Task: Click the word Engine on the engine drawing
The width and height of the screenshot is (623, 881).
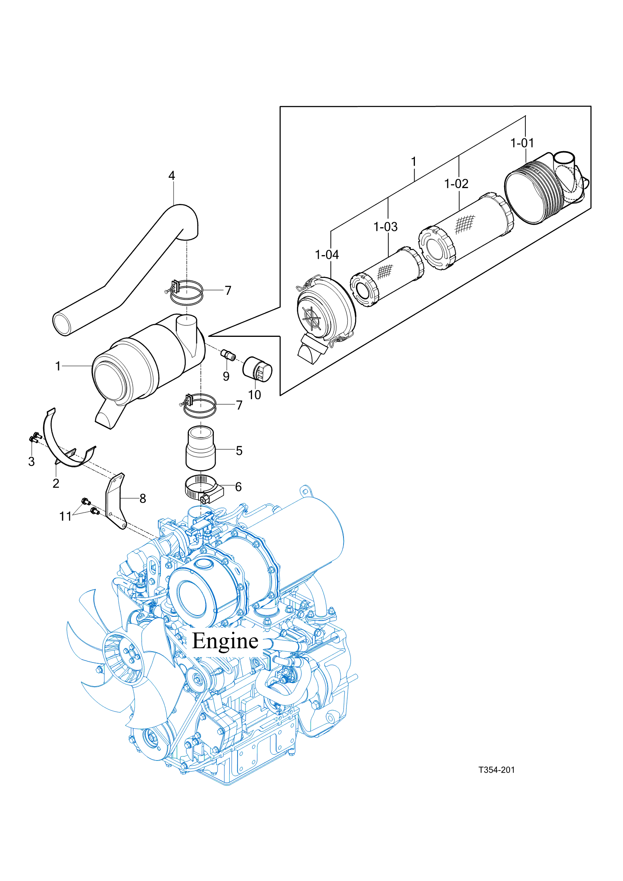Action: (x=225, y=641)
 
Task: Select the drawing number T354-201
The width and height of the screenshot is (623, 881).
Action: (x=496, y=770)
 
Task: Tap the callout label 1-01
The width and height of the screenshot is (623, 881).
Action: (x=522, y=143)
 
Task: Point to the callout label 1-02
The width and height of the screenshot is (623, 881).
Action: (x=456, y=184)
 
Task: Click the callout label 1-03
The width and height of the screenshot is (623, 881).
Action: (x=385, y=227)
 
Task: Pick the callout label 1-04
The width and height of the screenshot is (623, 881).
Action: (x=327, y=255)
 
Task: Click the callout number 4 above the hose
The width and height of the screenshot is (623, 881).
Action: (x=172, y=176)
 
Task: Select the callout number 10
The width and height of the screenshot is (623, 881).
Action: (x=255, y=395)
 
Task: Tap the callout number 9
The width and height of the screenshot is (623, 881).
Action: (x=226, y=376)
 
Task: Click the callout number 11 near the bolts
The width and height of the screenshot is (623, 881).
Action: (x=66, y=516)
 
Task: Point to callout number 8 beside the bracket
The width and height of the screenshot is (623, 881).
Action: (x=143, y=498)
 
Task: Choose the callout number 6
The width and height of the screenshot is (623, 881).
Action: (x=238, y=487)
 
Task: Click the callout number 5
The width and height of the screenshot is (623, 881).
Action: (x=239, y=451)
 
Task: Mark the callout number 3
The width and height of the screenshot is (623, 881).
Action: (x=32, y=461)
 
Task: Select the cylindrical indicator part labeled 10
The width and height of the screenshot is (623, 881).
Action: (x=258, y=368)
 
